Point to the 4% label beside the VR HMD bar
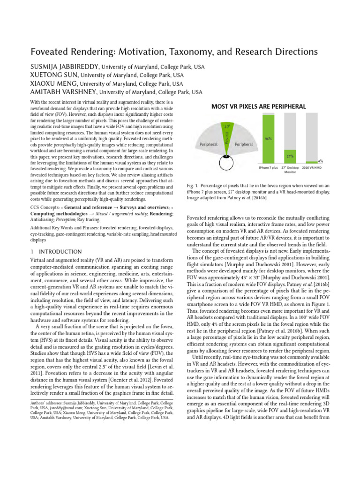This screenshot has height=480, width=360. click(x=320, y=160)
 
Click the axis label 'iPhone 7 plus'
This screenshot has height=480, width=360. click(x=269, y=167)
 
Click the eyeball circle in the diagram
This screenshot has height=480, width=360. click(x=226, y=163)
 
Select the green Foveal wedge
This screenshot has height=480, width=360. click(x=226, y=136)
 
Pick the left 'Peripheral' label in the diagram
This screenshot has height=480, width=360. click(x=209, y=144)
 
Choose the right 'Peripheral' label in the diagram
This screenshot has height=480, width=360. click(x=244, y=144)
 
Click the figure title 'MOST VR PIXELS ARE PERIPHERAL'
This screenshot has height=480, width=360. click(x=258, y=106)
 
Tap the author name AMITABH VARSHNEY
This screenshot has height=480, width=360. click(x=63, y=92)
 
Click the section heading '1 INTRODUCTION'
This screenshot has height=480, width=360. click(x=56, y=252)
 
